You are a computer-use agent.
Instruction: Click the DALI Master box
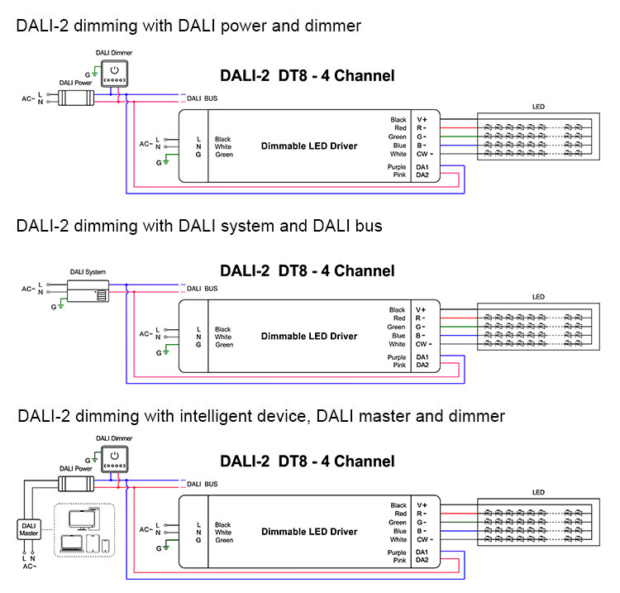pyautogui.click(x=29, y=529)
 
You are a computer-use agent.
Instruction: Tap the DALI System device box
pyautogui.click(x=88, y=291)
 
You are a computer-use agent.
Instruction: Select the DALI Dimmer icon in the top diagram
pyautogui.click(x=115, y=73)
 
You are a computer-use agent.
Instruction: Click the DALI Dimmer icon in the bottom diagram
pyautogui.click(x=115, y=459)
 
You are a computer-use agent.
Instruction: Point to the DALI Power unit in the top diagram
pyautogui.click(x=76, y=98)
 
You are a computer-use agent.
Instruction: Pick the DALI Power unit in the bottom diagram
pyautogui.click(x=76, y=484)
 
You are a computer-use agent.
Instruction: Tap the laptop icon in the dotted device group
pyautogui.click(x=72, y=543)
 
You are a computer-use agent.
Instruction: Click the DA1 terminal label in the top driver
pyautogui.click(x=422, y=167)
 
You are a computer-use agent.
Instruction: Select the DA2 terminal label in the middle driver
pyautogui.click(x=422, y=365)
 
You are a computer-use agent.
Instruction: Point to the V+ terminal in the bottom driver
pyautogui.click(x=422, y=505)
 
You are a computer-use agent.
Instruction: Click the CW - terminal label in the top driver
pyautogui.click(x=425, y=154)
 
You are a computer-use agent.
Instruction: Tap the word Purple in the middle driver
pyautogui.click(x=397, y=357)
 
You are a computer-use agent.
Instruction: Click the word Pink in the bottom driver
pyautogui.click(x=399, y=560)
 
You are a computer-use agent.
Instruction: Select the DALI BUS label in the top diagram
pyautogui.click(x=202, y=98)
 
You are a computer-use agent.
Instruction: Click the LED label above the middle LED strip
pyautogui.click(x=538, y=297)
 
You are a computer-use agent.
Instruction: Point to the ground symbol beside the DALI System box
pyautogui.click(x=61, y=304)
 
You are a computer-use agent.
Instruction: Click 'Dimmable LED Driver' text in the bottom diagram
pyautogui.click(x=309, y=531)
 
